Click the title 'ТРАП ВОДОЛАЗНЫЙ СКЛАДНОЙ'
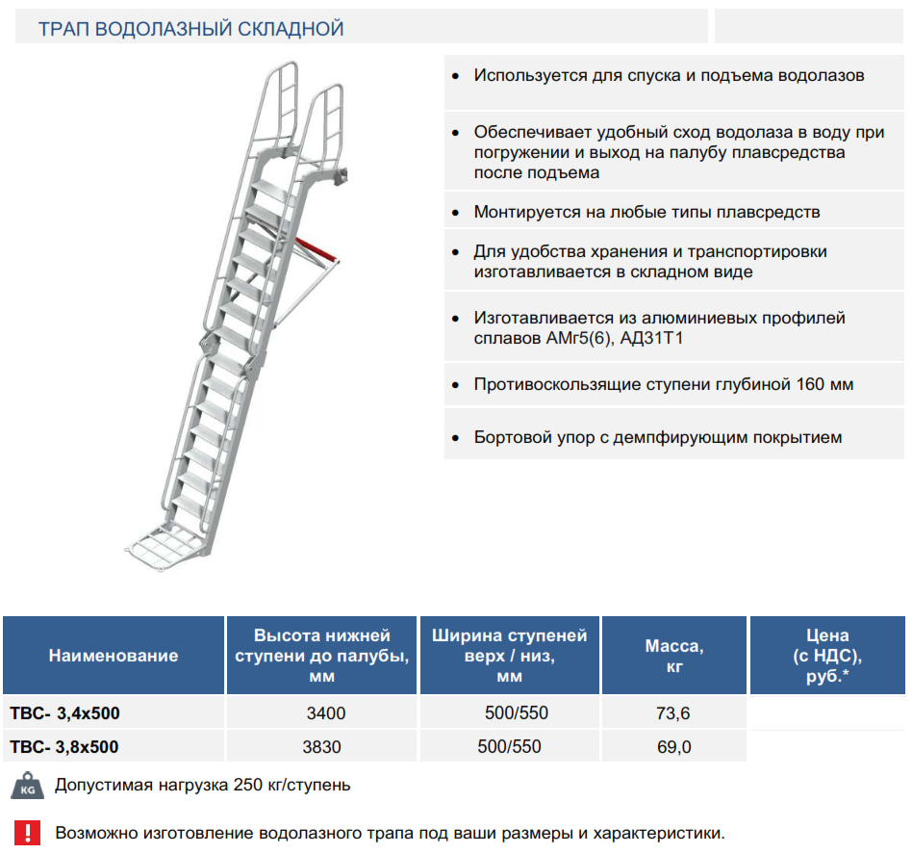190,29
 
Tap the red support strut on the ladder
316,248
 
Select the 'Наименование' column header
114,656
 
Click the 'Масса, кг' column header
674,656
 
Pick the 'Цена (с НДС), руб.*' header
827,656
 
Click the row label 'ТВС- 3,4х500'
65,713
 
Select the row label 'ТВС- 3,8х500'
64,747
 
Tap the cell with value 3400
326,713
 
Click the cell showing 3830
321,747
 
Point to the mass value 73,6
673,713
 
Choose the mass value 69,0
674,747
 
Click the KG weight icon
27,786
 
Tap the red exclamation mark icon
27,833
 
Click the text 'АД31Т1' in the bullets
651,338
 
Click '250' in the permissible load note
248,785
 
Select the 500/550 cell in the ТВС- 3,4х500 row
517,713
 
